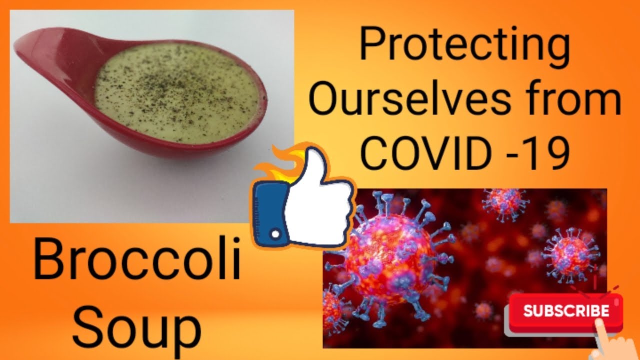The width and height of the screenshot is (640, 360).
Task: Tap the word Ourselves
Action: [x=409, y=98]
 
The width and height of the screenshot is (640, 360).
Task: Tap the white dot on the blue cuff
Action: [x=275, y=234]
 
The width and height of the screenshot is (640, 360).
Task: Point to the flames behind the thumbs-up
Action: [x=281, y=165]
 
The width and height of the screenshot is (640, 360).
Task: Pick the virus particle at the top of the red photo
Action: [x=505, y=204]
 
